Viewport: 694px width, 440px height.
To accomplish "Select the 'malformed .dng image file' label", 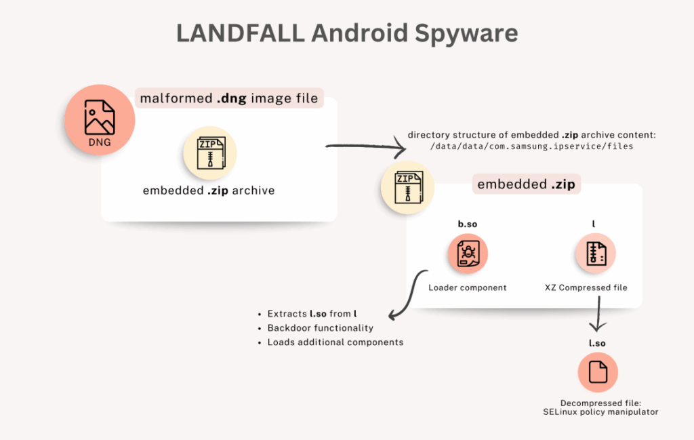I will (x=228, y=98).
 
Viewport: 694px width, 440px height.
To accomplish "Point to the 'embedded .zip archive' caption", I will (x=209, y=191).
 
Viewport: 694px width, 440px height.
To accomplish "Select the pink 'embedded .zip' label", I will (x=525, y=184).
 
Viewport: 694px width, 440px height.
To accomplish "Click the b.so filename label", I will (x=467, y=224).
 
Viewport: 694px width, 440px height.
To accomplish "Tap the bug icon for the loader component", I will (x=467, y=254).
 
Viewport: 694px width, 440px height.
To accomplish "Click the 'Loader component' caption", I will (x=467, y=287).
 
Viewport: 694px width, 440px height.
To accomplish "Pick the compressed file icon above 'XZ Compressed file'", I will (x=596, y=254).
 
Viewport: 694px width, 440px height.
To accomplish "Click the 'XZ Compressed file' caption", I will (x=586, y=287).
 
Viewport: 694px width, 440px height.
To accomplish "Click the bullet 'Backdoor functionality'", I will (x=320, y=328).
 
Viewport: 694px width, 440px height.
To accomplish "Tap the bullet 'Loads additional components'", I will (x=335, y=342).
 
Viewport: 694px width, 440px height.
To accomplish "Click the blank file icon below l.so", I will (x=597, y=373).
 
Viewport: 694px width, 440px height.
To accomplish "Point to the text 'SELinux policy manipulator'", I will (x=600, y=412).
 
